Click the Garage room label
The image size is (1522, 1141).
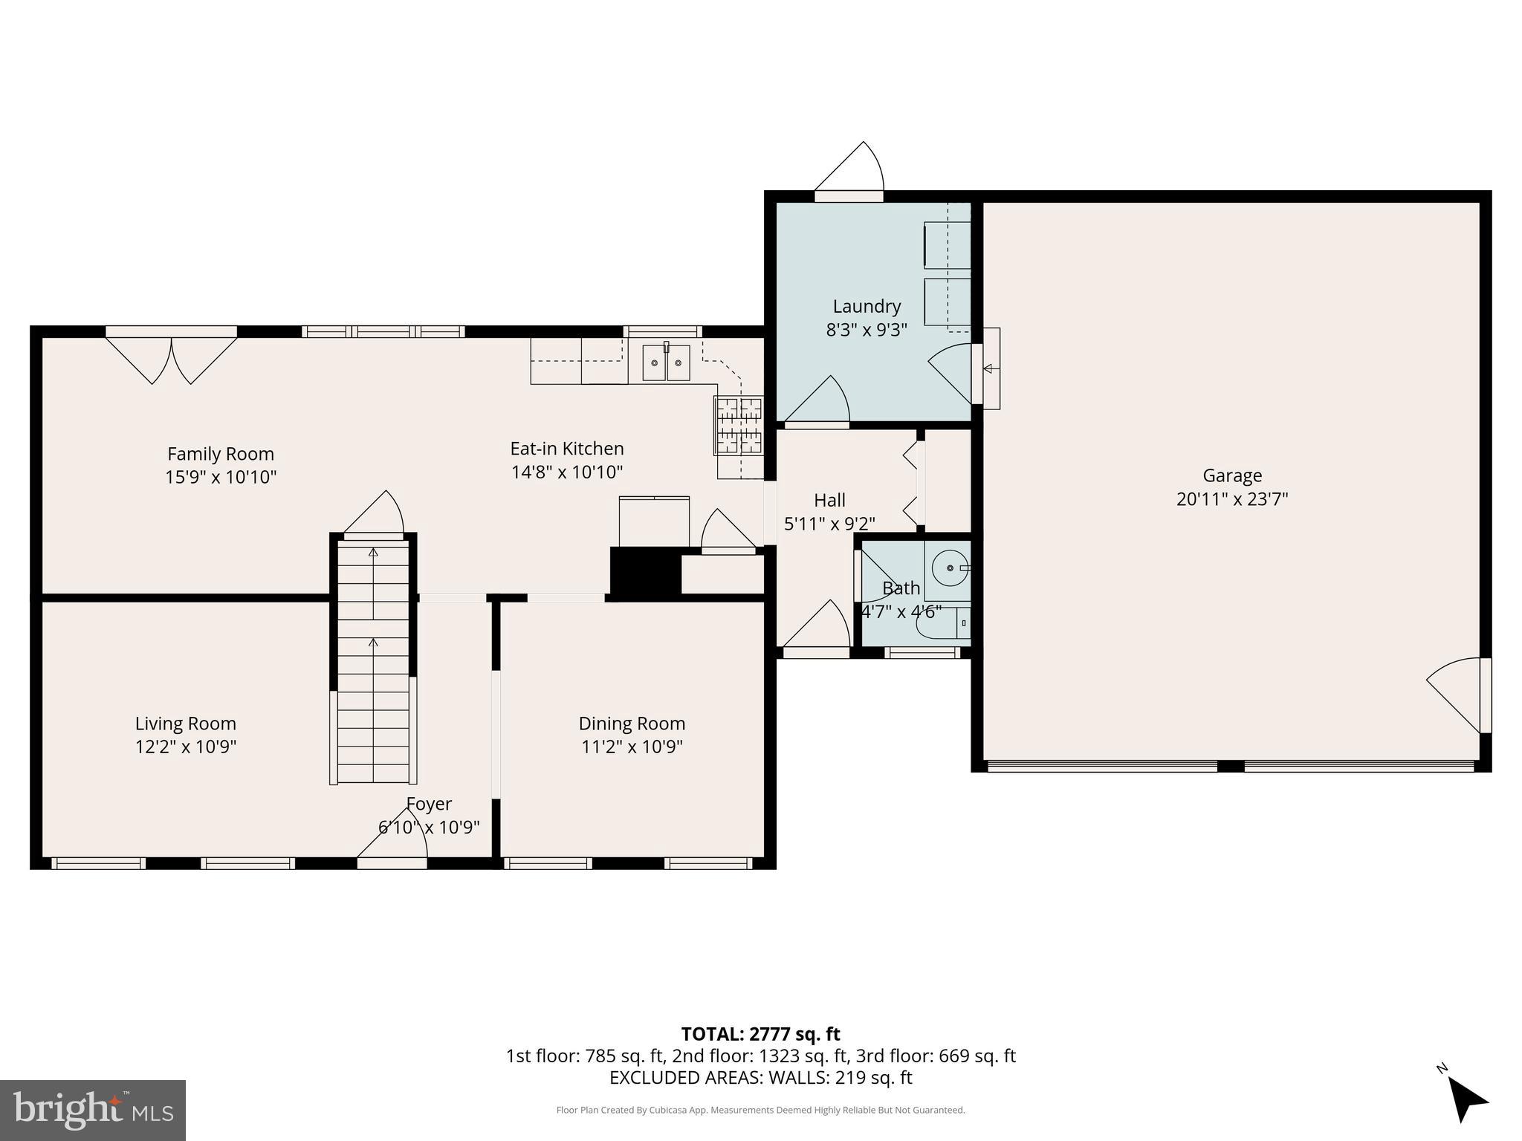(1231, 475)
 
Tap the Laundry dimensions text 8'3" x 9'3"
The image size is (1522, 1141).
(867, 330)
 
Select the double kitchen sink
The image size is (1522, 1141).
(666, 363)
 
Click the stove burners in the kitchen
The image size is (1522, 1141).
(739, 426)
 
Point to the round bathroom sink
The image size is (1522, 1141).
(950, 568)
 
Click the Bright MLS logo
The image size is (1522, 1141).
(92, 1111)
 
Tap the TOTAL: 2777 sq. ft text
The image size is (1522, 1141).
(760, 1034)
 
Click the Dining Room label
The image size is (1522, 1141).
(632, 724)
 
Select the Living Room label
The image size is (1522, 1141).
(186, 724)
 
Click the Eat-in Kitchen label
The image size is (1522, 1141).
(567, 449)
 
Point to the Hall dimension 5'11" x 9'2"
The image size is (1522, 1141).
(829, 524)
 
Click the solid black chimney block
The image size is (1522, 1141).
(645, 570)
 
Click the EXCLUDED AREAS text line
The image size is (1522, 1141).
(760, 1077)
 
